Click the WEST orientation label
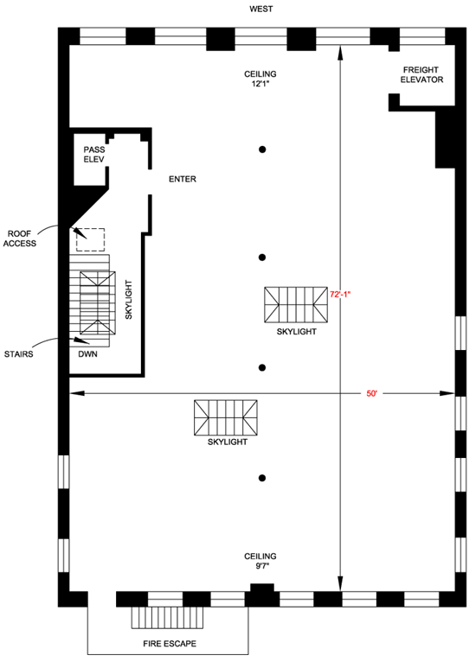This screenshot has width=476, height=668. click(261, 9)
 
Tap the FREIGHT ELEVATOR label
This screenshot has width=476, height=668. click(421, 74)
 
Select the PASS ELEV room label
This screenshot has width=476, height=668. click(93, 154)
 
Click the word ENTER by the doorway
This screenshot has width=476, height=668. click(183, 179)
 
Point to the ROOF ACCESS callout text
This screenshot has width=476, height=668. click(20, 239)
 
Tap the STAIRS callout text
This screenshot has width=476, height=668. click(19, 354)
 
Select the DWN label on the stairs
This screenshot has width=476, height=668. click(87, 354)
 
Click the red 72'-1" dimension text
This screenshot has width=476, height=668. click(340, 294)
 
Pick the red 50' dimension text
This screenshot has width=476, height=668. click(372, 394)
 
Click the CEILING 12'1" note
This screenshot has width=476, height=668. click(261, 79)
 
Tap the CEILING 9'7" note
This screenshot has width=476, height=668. click(261, 561)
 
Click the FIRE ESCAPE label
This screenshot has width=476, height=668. click(170, 644)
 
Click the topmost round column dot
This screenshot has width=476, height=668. click(262, 150)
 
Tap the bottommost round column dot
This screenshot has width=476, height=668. click(262, 478)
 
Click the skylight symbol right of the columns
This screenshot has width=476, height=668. click(296, 304)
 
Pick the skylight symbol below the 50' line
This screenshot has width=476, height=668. click(226, 417)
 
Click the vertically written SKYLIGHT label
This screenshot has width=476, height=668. click(129, 300)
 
